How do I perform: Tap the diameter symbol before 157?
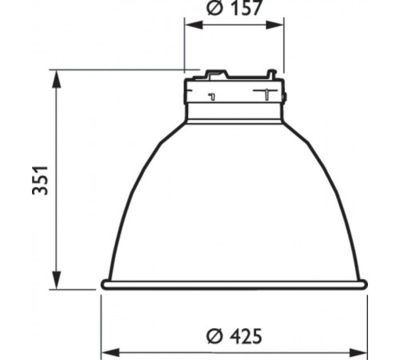point(214,10)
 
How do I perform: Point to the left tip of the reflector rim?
point(103,284)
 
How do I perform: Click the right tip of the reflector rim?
point(366,284)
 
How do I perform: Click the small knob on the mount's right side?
point(284,98)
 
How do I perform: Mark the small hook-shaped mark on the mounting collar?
point(210,97)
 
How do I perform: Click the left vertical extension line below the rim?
point(102,320)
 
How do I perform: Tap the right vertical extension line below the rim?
point(367,320)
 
